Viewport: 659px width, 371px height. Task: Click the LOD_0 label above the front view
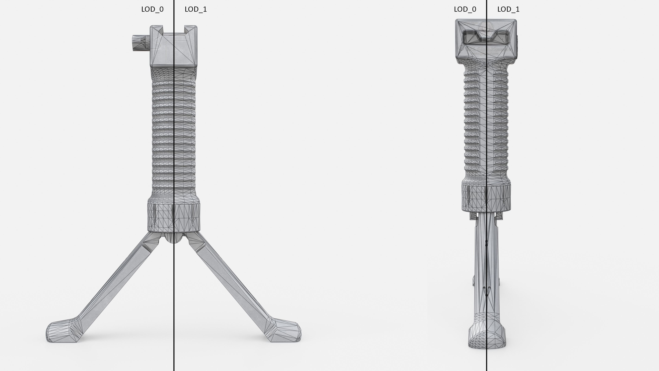[x=152, y=9]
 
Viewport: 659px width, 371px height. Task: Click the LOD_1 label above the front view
[x=196, y=9]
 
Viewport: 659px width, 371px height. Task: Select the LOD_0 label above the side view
[x=465, y=9]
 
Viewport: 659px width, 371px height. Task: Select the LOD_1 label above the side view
[x=508, y=9]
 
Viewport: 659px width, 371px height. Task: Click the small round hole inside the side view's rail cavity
[x=503, y=40]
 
